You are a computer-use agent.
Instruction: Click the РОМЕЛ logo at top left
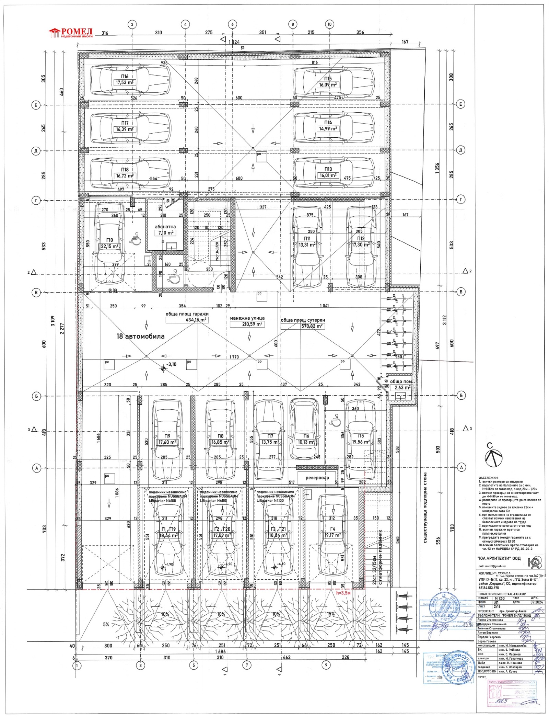(x=71, y=33)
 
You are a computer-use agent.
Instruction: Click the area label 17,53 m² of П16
(x=125, y=83)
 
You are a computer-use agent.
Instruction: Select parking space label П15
(x=328, y=79)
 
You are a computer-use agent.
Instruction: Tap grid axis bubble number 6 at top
(x=232, y=24)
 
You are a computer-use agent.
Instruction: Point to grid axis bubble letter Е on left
(x=36, y=105)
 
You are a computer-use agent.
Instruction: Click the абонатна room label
(x=165, y=227)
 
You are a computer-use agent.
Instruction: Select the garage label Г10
(x=109, y=240)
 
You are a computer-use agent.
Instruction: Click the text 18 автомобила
(x=140, y=336)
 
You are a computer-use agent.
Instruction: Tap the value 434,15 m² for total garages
(x=196, y=320)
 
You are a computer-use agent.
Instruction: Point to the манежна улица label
(x=247, y=318)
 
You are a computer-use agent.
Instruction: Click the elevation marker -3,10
(x=171, y=364)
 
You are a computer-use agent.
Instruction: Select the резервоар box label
(x=317, y=478)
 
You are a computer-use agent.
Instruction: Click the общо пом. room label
(x=401, y=382)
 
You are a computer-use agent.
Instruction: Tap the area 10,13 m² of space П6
(x=306, y=442)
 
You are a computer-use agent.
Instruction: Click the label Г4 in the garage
(x=332, y=529)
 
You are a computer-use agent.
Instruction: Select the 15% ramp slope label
(x=330, y=614)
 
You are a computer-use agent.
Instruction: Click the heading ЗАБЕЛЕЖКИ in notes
(x=488, y=478)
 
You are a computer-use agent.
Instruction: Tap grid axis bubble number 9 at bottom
(x=326, y=665)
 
